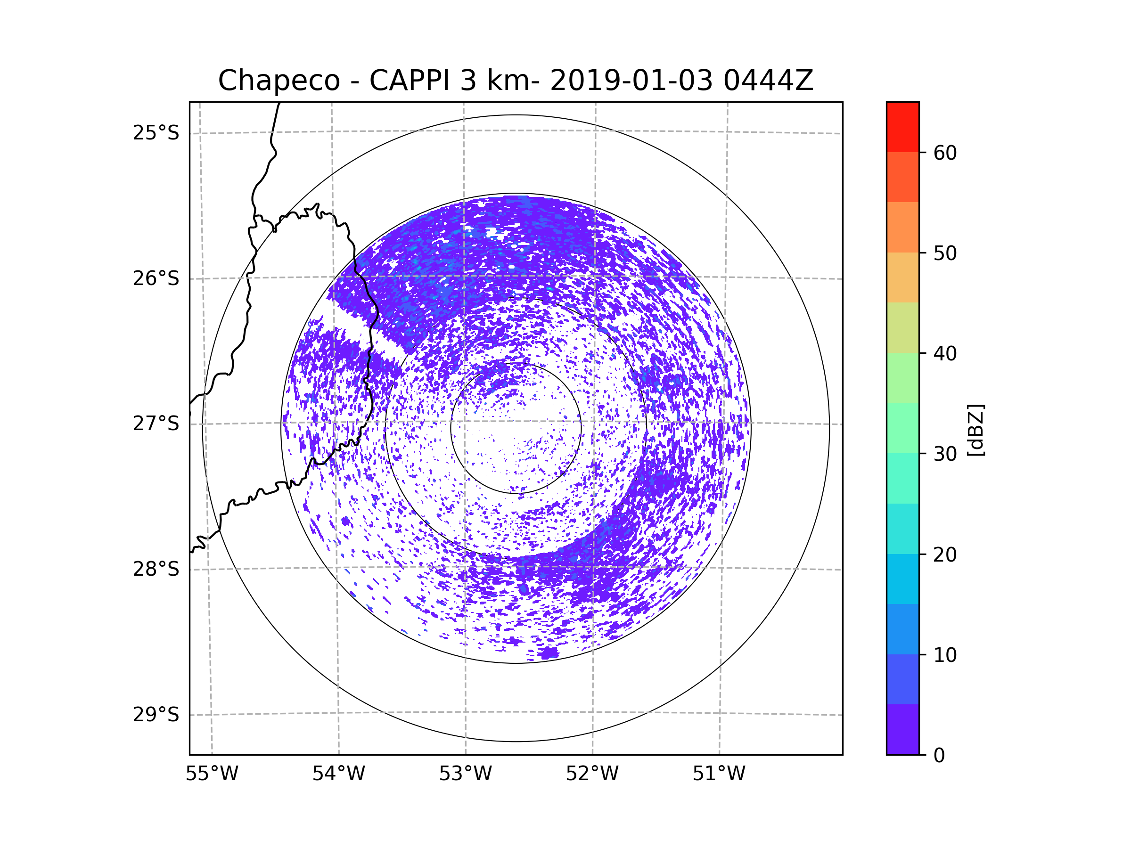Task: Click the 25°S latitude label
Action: tap(156, 133)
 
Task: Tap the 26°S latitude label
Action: tap(156, 278)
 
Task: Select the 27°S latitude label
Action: tap(156, 424)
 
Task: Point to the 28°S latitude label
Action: tap(156, 569)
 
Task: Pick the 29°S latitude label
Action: tap(156, 715)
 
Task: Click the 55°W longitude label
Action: tap(212, 774)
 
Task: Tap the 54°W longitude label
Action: tap(338, 774)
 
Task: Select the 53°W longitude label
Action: tap(465, 774)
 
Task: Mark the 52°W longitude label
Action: tap(592, 774)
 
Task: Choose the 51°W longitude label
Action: tap(719, 774)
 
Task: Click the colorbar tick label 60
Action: tap(945, 153)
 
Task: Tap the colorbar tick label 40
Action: tap(945, 353)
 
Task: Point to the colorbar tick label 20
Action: tap(945, 554)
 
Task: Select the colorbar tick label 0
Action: tap(939, 756)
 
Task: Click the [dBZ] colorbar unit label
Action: tap(975, 430)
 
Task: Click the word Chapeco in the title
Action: tap(279, 81)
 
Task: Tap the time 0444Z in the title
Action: tap(768, 80)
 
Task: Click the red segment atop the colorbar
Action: tap(902, 127)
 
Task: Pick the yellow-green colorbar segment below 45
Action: tap(902, 327)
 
